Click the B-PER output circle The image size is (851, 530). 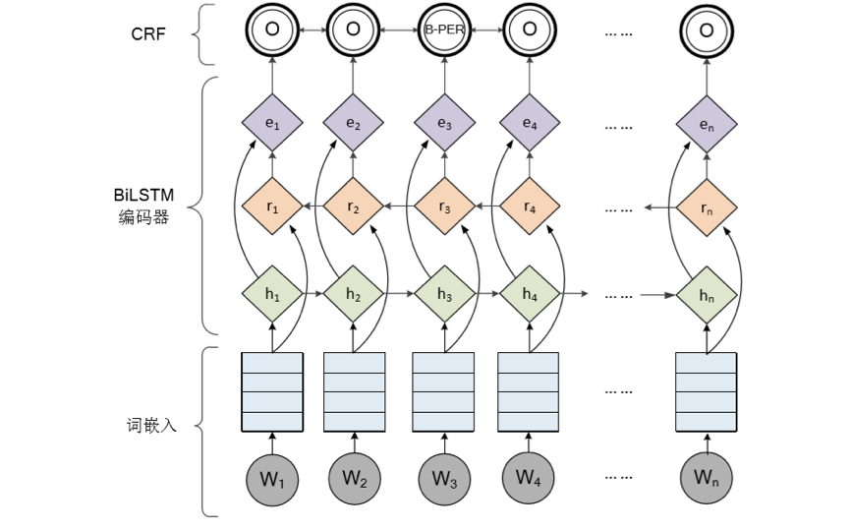[444, 29]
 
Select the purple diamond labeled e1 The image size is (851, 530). [272, 124]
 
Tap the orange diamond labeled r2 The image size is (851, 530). [353, 206]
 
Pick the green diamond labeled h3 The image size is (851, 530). [444, 294]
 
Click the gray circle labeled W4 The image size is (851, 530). [530, 477]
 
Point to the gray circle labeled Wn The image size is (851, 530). [707, 477]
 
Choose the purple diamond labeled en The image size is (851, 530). [707, 124]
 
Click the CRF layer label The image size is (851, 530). [150, 33]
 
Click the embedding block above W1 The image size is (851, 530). [272, 390]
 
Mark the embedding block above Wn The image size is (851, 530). [707, 390]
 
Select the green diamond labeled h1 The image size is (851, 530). [272, 294]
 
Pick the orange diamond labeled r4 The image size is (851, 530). [530, 206]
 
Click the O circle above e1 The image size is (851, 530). [272, 29]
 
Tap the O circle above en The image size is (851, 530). [707, 29]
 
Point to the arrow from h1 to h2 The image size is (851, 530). [312, 294]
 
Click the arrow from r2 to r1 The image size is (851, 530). [312, 206]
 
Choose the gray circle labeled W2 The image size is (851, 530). [354, 477]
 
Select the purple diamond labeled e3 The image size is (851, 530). [444, 124]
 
